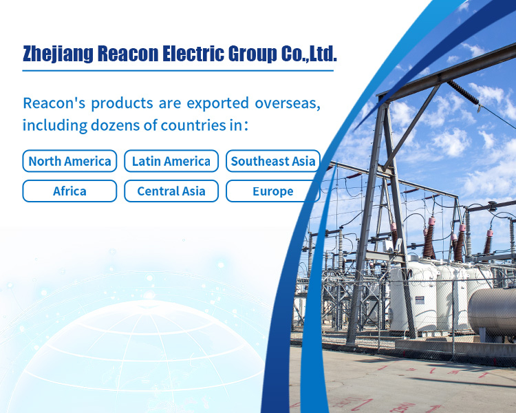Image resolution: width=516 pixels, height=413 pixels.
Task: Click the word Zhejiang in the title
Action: coord(58,54)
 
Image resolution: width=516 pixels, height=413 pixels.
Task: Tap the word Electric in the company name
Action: coord(193,54)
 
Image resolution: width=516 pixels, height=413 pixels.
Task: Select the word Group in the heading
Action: coord(252,54)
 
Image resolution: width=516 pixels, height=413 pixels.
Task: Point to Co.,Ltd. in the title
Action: coord(310,54)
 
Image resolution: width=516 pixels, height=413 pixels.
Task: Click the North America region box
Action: coord(69,161)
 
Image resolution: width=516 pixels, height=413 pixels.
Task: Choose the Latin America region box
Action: coord(171,161)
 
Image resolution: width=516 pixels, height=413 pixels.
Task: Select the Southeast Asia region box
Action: coord(273,161)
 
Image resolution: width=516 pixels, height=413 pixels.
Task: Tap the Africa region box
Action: coord(69,191)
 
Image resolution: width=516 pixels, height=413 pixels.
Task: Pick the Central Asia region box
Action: coord(171,191)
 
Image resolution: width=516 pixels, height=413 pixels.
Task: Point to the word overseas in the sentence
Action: coord(288,103)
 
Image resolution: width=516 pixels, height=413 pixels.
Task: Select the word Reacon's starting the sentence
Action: coord(54,103)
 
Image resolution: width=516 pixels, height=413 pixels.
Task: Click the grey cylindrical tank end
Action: coord(493,312)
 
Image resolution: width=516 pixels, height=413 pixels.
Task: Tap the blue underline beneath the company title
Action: coord(178,70)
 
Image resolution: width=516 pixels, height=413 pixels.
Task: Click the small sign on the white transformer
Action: coord(420,300)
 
